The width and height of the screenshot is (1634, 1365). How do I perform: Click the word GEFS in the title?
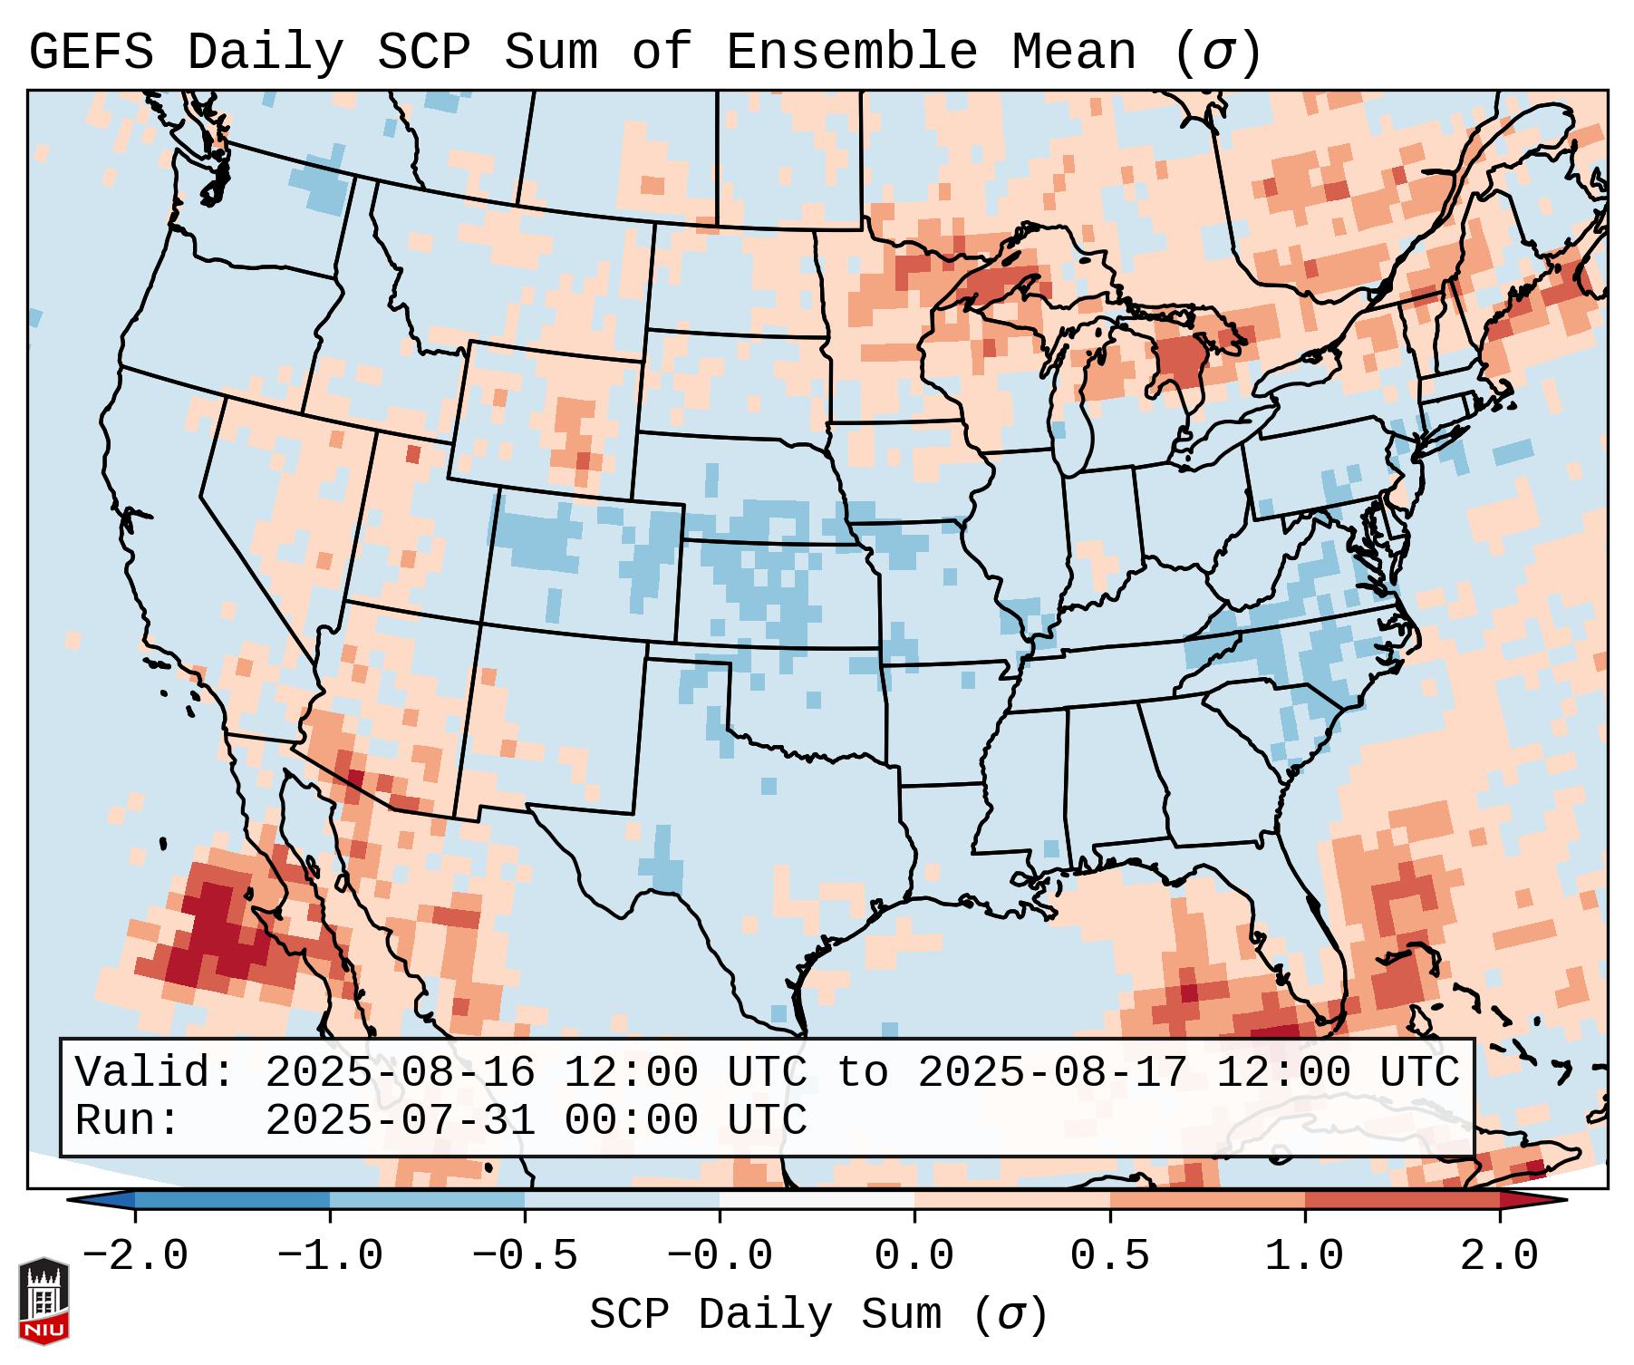92,53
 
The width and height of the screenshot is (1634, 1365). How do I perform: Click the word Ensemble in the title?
851,53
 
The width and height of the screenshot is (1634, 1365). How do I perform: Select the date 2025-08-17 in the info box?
1052,1072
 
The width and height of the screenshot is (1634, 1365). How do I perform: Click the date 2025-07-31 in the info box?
400,1120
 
